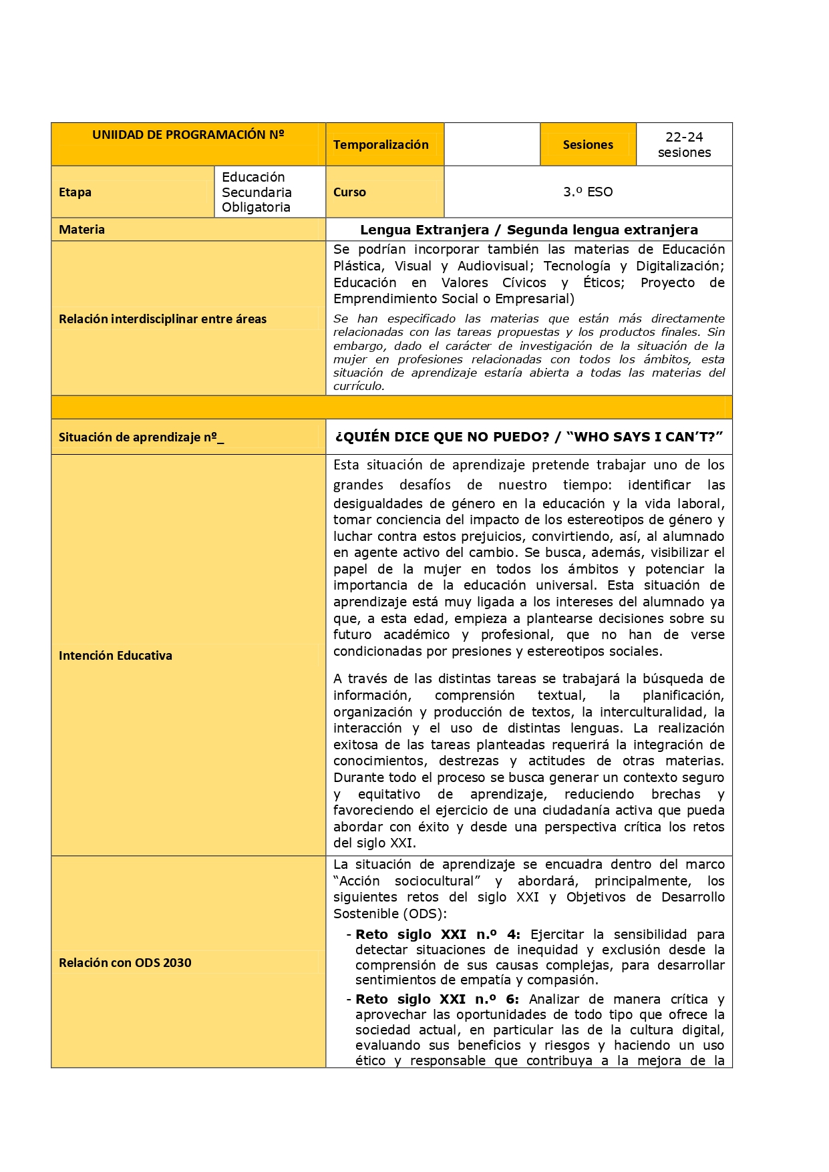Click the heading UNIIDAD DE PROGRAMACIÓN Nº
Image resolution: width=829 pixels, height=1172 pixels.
point(188,135)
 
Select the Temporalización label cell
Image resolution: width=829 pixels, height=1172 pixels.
point(381,145)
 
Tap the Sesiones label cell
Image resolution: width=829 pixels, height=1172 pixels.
point(587,145)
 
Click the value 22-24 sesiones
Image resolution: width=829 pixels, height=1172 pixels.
point(683,145)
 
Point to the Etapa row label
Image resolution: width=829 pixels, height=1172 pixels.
point(75,192)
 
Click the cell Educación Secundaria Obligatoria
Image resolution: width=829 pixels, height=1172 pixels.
point(257,192)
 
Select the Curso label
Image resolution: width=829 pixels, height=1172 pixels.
point(349,192)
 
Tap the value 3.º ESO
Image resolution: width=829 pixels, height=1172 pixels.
point(587,192)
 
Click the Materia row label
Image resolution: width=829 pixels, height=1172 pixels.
point(81,230)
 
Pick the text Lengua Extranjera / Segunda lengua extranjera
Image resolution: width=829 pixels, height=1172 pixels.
point(528,230)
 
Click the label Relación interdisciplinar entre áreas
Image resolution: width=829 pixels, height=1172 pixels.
point(162,319)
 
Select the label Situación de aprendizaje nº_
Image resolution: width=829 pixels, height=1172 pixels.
point(141,437)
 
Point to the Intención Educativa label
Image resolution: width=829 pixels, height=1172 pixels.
point(115,656)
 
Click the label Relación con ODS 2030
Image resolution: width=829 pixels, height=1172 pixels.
point(125,963)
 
